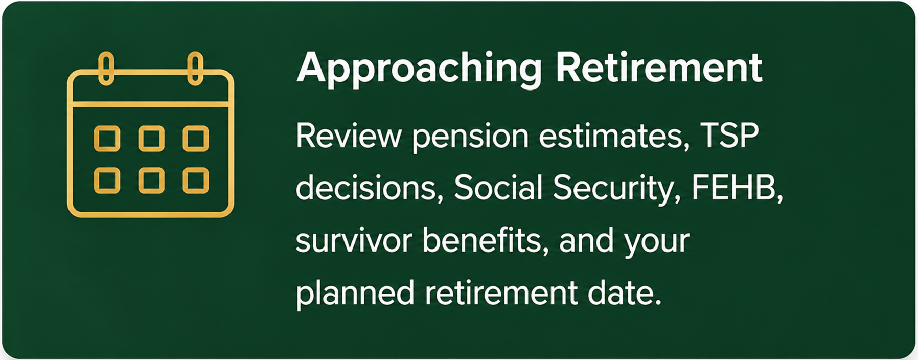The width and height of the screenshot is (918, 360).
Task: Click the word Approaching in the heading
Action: coord(419,69)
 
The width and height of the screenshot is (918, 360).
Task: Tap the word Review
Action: coord(349,136)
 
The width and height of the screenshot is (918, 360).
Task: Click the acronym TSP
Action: coord(729,136)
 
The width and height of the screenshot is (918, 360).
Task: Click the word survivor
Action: coord(354,241)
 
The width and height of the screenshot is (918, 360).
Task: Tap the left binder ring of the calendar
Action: coord(106,68)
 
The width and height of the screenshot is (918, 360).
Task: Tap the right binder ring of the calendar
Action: coord(195,68)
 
